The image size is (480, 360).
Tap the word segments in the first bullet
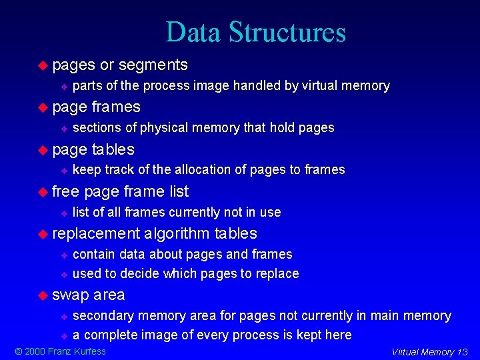(153, 65)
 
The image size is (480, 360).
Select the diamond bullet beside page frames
(43, 107)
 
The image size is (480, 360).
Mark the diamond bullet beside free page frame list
(43, 191)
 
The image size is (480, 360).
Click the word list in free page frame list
(179, 191)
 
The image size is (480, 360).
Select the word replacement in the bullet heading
(97, 233)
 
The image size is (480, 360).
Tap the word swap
(70, 295)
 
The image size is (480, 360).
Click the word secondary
(102, 315)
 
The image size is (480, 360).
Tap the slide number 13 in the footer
(462, 352)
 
